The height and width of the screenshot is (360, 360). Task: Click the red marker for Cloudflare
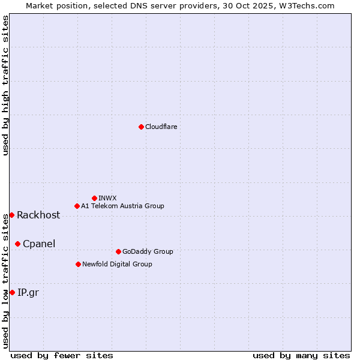pyautogui.click(x=141, y=127)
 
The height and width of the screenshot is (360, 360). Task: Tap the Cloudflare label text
pyautogui.click(x=161, y=127)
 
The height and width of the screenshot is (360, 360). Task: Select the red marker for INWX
pyautogui.click(x=94, y=198)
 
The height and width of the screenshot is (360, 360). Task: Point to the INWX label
pyautogui.click(x=107, y=198)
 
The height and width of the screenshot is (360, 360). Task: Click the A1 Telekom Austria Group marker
pyautogui.click(x=77, y=206)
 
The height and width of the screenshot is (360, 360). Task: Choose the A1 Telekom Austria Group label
pyautogui.click(x=122, y=206)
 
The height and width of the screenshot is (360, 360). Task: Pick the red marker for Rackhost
pyautogui.click(x=11, y=215)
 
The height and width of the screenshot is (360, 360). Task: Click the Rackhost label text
pyautogui.click(x=38, y=215)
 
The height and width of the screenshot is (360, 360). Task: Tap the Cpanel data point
pyautogui.click(x=17, y=244)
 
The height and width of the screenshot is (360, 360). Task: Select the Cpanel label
pyautogui.click(x=39, y=244)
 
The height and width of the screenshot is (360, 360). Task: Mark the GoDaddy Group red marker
pyautogui.click(x=118, y=251)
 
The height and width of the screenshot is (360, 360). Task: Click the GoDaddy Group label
pyautogui.click(x=148, y=251)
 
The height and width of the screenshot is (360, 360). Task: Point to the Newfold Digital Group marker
pyautogui.click(x=78, y=264)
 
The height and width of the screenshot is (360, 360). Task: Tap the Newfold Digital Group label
pyautogui.click(x=117, y=264)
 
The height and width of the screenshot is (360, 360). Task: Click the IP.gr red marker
pyautogui.click(x=12, y=292)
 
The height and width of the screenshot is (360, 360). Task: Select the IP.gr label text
pyautogui.click(x=28, y=293)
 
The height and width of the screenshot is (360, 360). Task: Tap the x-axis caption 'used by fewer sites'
pyautogui.click(x=62, y=356)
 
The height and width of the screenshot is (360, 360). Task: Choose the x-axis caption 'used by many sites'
pyautogui.click(x=301, y=356)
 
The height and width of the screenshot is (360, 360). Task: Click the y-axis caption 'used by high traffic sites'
pyautogui.click(x=5, y=85)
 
